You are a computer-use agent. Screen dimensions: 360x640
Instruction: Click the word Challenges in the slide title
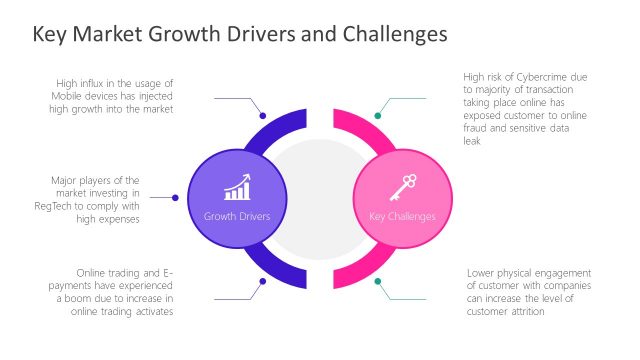[384, 35]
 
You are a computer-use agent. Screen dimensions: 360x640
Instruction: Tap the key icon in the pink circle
[403, 186]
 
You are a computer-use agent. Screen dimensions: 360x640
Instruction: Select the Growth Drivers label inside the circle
[237, 215]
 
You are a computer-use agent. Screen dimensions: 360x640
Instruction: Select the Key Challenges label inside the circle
[403, 215]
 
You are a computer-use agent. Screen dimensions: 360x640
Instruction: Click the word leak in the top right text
[473, 141]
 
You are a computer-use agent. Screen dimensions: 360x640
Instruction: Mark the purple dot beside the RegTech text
[176, 198]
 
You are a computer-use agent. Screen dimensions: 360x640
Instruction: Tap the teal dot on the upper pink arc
[378, 115]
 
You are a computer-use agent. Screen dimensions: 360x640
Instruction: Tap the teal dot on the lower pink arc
[378, 281]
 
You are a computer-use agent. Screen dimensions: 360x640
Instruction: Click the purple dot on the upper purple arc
[263, 115]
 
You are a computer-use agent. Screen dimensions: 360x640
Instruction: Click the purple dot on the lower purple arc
[263, 281]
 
